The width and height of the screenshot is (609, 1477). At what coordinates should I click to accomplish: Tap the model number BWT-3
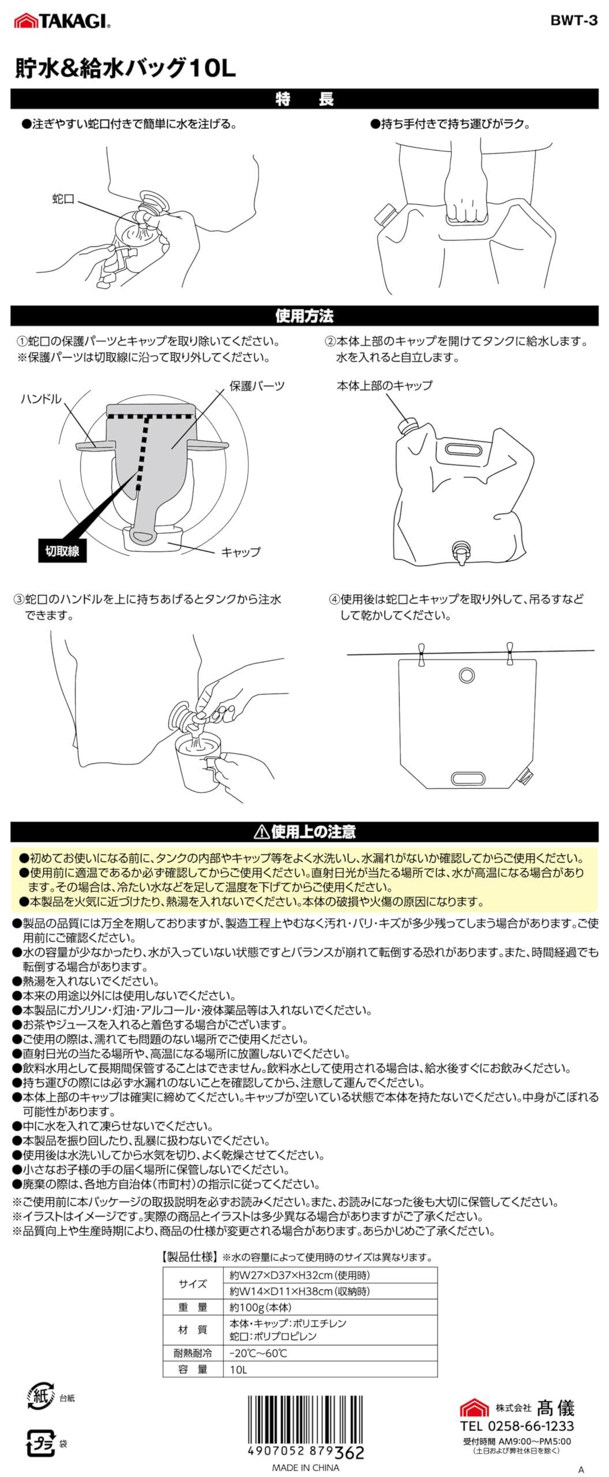(x=574, y=21)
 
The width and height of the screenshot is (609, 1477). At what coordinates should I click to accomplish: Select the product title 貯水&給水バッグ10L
(x=126, y=69)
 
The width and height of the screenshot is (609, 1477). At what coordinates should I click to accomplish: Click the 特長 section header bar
(x=304, y=99)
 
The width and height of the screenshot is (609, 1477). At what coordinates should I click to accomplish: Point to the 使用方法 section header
(x=304, y=316)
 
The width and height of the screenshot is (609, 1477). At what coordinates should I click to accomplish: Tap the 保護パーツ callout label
(x=257, y=385)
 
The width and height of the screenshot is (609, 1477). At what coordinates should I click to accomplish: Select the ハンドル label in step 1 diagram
(x=41, y=399)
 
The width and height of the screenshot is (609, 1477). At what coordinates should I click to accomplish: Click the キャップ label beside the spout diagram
(x=241, y=552)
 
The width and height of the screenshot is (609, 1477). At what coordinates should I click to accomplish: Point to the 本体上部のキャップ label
(x=384, y=385)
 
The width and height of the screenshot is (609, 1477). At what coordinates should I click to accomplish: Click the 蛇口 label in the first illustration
(x=63, y=200)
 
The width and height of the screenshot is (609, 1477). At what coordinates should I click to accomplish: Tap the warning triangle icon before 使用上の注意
(x=261, y=831)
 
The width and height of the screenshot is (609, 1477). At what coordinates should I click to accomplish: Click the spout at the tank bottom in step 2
(x=462, y=550)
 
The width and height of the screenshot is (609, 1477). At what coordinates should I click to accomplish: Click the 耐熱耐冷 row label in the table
(x=193, y=1353)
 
